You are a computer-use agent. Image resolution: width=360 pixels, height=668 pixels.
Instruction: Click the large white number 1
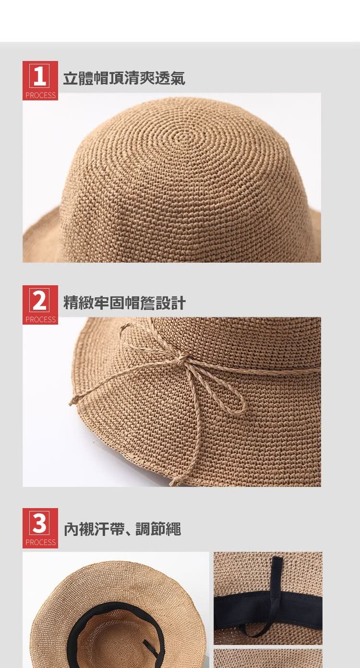39,76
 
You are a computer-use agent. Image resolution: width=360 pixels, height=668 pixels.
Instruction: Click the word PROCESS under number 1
40,95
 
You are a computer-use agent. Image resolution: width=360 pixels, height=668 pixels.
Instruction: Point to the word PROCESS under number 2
40,319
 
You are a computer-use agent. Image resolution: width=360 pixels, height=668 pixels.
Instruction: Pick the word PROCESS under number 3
40,542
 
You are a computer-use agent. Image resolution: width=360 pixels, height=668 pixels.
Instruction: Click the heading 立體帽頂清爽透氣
124,78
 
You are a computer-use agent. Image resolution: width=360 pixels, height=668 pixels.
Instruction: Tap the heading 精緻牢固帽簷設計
124,303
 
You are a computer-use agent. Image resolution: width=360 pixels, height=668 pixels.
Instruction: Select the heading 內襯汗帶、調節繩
122,529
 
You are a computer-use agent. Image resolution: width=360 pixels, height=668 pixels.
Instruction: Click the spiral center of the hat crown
187,137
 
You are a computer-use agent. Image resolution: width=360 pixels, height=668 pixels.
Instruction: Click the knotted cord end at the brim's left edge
74,401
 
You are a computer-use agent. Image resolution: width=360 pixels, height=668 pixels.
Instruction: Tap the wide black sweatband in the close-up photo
268,607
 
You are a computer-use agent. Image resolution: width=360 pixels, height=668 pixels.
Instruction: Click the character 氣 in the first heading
178,78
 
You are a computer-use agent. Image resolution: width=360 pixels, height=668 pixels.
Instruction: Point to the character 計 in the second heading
178,303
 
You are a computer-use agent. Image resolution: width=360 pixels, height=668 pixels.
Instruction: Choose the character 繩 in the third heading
173,529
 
